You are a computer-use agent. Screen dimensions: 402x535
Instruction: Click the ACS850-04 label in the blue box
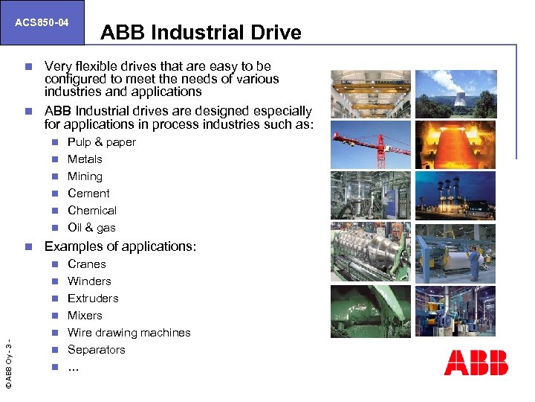[x=42, y=23]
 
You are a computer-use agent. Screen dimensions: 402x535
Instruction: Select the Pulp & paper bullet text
[x=101, y=142]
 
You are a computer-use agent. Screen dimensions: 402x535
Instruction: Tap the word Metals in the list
[x=85, y=159]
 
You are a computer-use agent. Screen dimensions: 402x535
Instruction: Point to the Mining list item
[x=85, y=176]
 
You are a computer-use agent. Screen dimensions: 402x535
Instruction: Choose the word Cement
[x=88, y=194]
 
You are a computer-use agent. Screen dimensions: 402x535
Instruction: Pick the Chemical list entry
[x=91, y=211]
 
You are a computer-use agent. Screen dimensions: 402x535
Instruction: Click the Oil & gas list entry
[x=91, y=228]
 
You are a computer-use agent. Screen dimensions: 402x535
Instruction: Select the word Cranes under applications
[x=86, y=264]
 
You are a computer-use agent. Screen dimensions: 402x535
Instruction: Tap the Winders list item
[x=89, y=281]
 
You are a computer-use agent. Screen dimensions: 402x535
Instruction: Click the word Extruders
[x=93, y=299]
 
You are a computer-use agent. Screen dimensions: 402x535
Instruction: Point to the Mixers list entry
[x=85, y=316]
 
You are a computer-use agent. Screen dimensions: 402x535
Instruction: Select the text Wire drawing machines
[x=129, y=333]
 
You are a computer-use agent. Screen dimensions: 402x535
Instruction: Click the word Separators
[x=96, y=350]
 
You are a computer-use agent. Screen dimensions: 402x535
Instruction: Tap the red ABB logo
[x=476, y=363]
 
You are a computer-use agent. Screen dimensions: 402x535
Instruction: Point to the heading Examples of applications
[x=120, y=246]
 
